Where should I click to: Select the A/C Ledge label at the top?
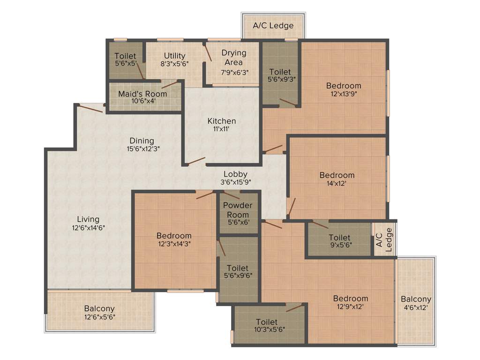(273, 25)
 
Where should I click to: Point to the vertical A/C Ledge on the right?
(384, 238)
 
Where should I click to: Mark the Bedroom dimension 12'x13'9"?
(344, 93)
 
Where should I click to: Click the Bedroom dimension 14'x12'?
(337, 183)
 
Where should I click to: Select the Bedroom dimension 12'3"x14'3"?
(174, 243)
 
